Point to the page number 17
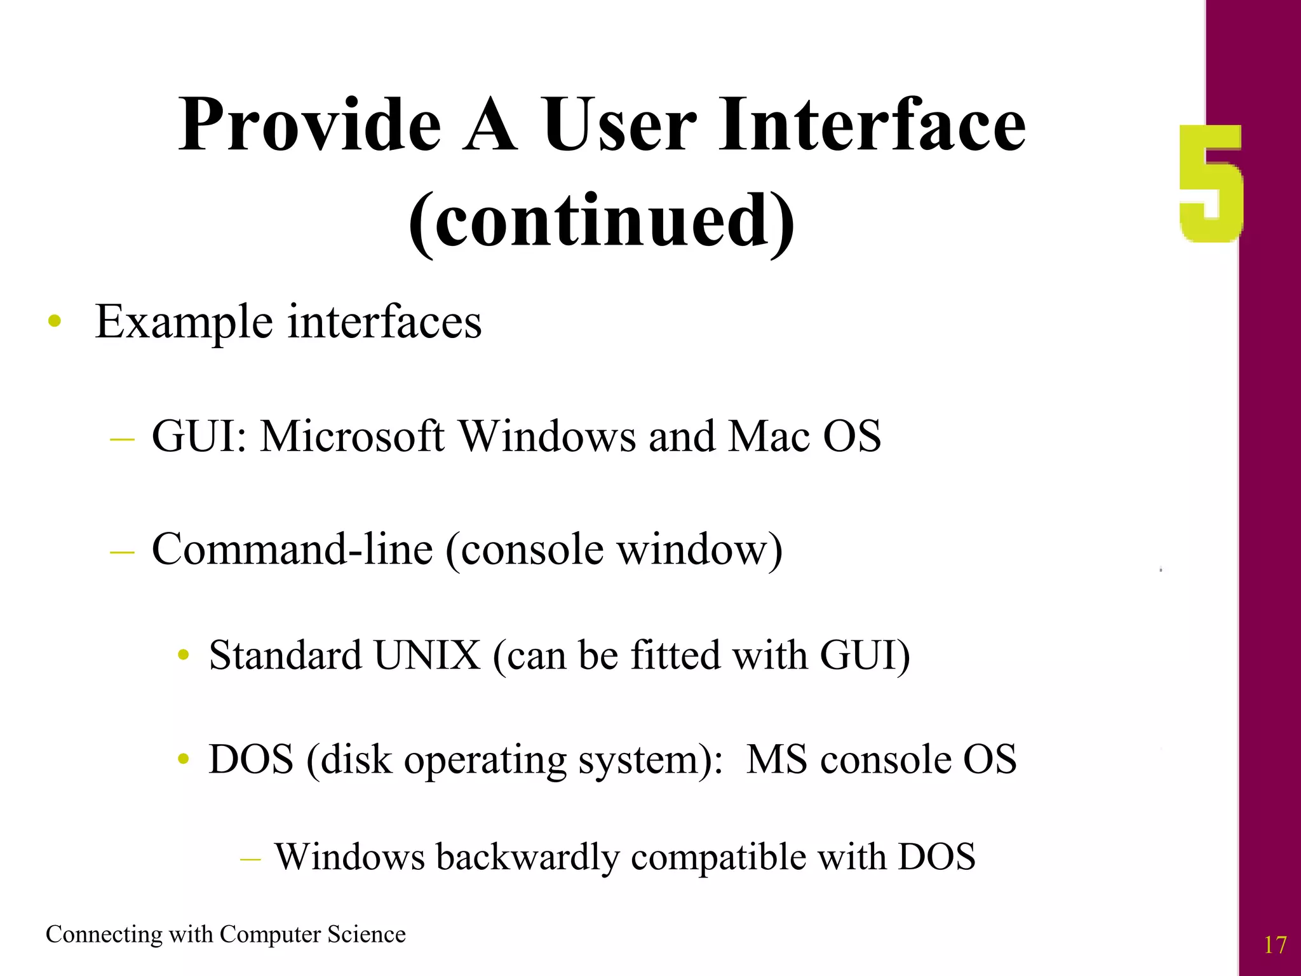click(x=1274, y=945)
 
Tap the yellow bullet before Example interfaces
click(x=55, y=321)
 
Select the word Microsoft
click(x=353, y=437)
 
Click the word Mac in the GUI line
click(x=769, y=437)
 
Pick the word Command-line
click(x=292, y=549)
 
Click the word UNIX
click(x=427, y=655)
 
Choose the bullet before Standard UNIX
click(x=184, y=655)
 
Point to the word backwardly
click(x=527, y=857)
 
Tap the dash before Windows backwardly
click(x=250, y=859)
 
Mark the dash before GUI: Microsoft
click(x=122, y=438)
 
